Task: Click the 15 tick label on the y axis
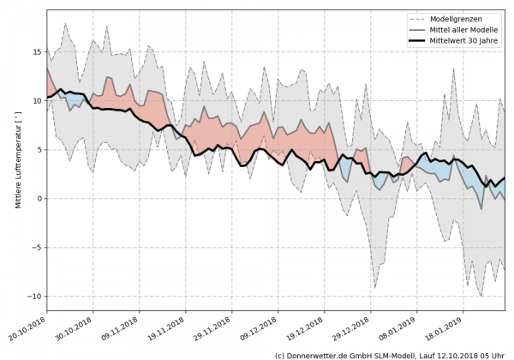click(37, 52)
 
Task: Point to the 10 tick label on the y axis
click(37, 101)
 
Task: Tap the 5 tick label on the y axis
click(39, 150)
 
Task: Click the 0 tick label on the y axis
click(39, 199)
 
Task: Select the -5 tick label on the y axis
click(37, 248)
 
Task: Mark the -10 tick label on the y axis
click(35, 297)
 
